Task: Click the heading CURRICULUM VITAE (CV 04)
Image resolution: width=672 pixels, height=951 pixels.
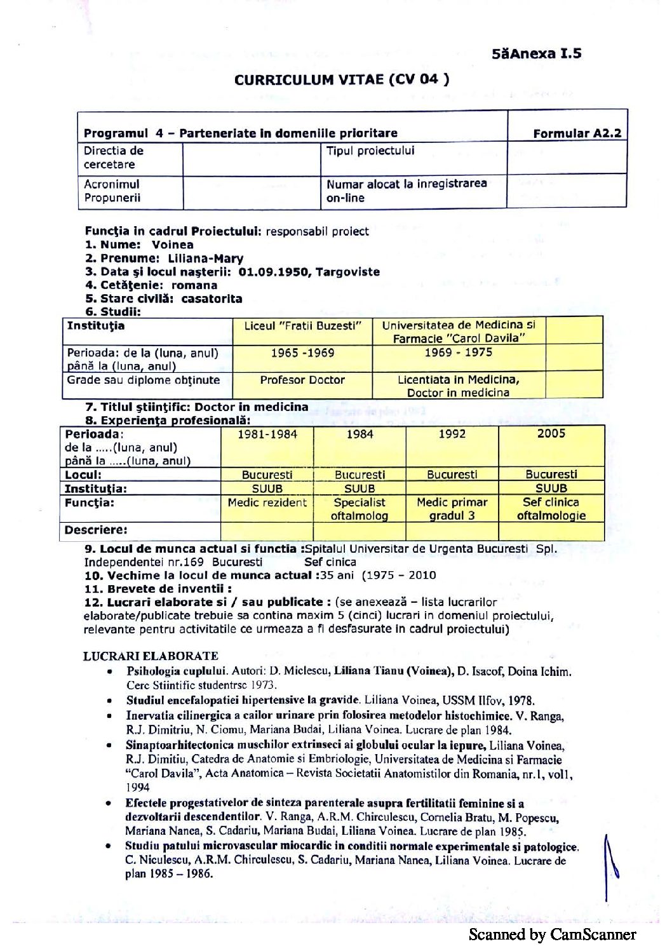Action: pyautogui.click(x=342, y=80)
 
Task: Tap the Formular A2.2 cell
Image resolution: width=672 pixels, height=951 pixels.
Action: pyautogui.click(x=577, y=133)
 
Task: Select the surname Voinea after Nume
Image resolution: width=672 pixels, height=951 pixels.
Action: pyautogui.click(x=172, y=245)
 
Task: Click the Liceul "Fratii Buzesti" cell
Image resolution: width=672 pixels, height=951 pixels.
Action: pyautogui.click(x=302, y=326)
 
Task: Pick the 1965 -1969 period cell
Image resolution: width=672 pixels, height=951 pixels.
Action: pyautogui.click(x=302, y=353)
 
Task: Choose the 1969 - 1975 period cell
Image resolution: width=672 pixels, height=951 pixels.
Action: pyautogui.click(x=458, y=353)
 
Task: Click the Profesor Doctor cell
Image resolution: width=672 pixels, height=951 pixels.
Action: pyautogui.click(x=302, y=380)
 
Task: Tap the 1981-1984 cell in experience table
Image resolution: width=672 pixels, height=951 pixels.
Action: pyautogui.click(x=267, y=435)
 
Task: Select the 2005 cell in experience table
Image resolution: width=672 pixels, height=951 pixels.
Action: pyautogui.click(x=551, y=434)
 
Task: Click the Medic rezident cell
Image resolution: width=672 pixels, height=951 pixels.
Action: pyautogui.click(x=267, y=502)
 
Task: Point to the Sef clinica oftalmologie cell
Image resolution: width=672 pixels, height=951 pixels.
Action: pyautogui.click(x=551, y=509)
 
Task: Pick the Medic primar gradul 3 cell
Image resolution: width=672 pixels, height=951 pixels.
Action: pyautogui.click(x=452, y=509)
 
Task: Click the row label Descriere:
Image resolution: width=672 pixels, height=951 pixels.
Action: pyautogui.click(x=96, y=530)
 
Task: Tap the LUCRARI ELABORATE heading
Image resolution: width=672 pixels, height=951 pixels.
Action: pyautogui.click(x=151, y=656)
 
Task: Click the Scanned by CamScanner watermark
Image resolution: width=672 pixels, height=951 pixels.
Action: pyautogui.click(x=552, y=934)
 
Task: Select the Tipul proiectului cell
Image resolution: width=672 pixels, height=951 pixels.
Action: pyautogui.click(x=370, y=151)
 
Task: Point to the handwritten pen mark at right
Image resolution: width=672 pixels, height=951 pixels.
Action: pyautogui.click(x=610, y=867)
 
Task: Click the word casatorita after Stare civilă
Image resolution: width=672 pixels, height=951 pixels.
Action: pyautogui.click(x=212, y=299)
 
